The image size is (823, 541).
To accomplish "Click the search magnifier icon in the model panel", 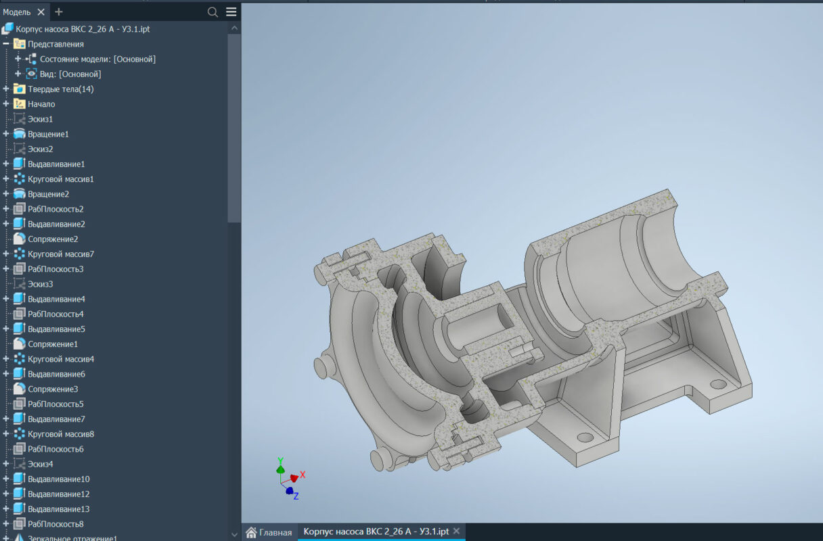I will [213, 12].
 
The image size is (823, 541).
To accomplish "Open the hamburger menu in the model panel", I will [231, 12].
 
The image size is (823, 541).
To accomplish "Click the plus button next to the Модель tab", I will [59, 12].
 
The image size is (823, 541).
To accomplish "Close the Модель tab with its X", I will [41, 12].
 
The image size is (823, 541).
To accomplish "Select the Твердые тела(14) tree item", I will [60, 89].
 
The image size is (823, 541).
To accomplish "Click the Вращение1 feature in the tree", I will [48, 134].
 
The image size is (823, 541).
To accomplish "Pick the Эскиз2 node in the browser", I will [40, 149].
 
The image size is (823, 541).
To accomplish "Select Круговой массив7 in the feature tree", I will [60, 254].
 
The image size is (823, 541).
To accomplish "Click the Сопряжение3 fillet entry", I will [53, 389].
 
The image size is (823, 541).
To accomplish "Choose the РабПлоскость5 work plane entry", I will [55, 404].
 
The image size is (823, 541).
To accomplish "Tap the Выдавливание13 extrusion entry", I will [58, 509].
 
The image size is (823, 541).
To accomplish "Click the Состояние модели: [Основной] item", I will [97, 60].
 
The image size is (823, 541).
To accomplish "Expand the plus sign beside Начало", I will [6, 104].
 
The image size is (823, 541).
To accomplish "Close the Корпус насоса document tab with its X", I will [456, 532].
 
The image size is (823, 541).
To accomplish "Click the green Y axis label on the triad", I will [280, 461].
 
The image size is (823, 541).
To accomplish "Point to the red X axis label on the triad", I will [303, 475].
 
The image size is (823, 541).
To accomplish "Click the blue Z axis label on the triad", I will [296, 496].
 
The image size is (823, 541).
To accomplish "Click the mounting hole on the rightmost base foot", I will [715, 383].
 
